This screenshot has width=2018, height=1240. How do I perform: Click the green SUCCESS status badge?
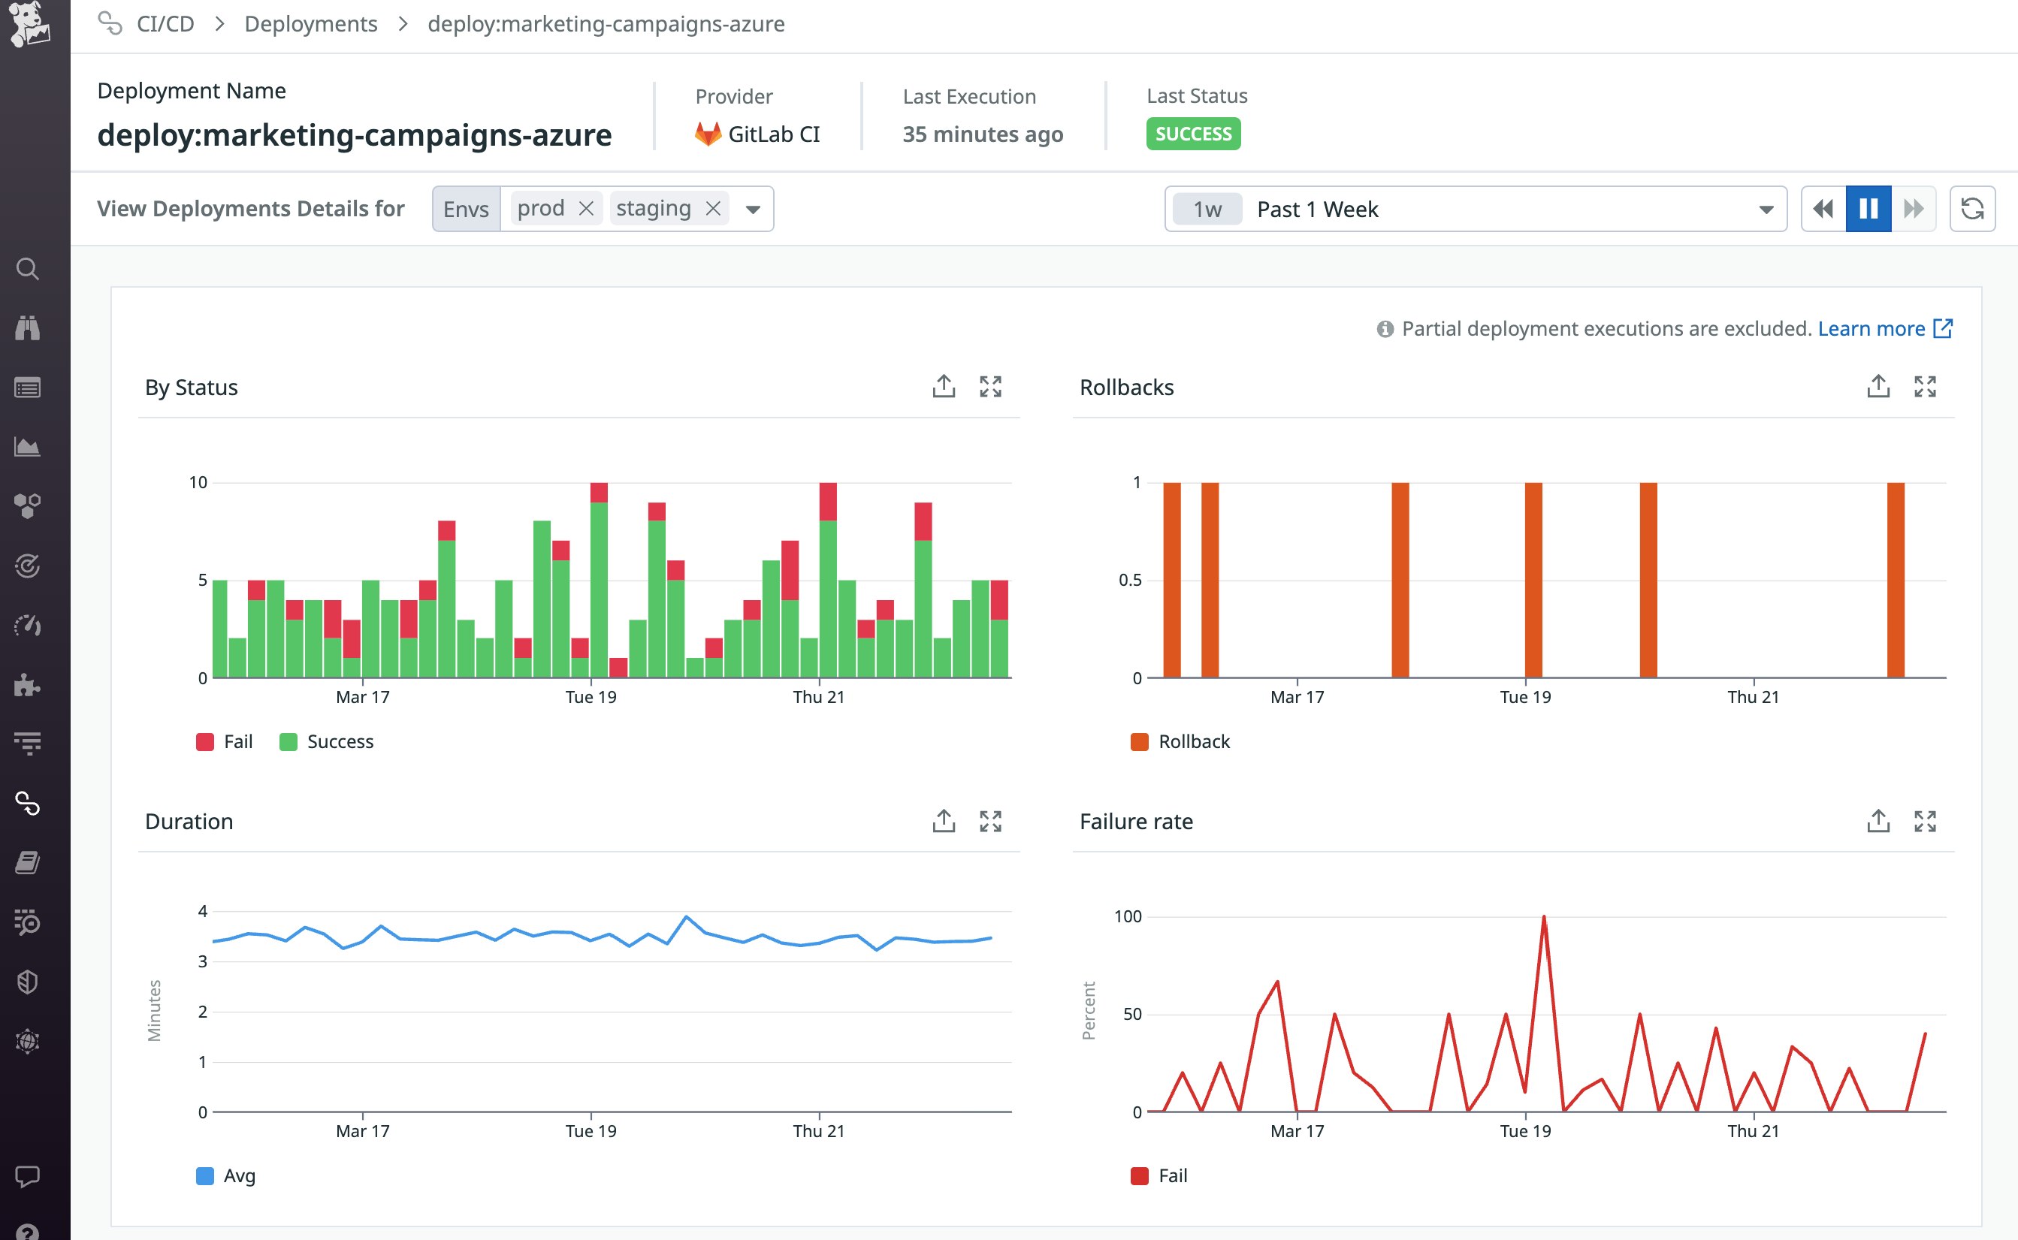tap(1193, 134)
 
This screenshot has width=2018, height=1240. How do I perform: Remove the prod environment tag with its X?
tap(586, 208)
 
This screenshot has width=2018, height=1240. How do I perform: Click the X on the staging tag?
tap(713, 208)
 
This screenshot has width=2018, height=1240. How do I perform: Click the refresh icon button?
tap(1972, 209)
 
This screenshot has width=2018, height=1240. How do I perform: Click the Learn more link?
tap(1871, 329)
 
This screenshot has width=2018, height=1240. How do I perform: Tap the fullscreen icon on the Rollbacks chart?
tap(1925, 386)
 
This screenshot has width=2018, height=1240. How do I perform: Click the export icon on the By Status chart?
tap(944, 386)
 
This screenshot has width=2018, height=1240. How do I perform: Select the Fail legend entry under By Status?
tap(225, 741)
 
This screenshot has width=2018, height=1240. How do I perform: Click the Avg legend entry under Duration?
tap(226, 1175)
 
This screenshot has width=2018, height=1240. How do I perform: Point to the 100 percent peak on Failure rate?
tap(1544, 917)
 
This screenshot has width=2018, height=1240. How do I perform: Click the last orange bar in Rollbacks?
tap(1895, 579)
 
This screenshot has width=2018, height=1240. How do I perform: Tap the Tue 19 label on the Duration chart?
tap(591, 1131)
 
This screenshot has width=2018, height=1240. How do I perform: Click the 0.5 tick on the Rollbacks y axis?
tap(1130, 580)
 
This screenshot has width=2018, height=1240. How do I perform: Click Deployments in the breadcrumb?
tap(311, 24)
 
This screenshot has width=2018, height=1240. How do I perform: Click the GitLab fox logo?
tap(707, 134)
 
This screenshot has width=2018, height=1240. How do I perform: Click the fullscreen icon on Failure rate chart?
tap(1925, 821)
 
